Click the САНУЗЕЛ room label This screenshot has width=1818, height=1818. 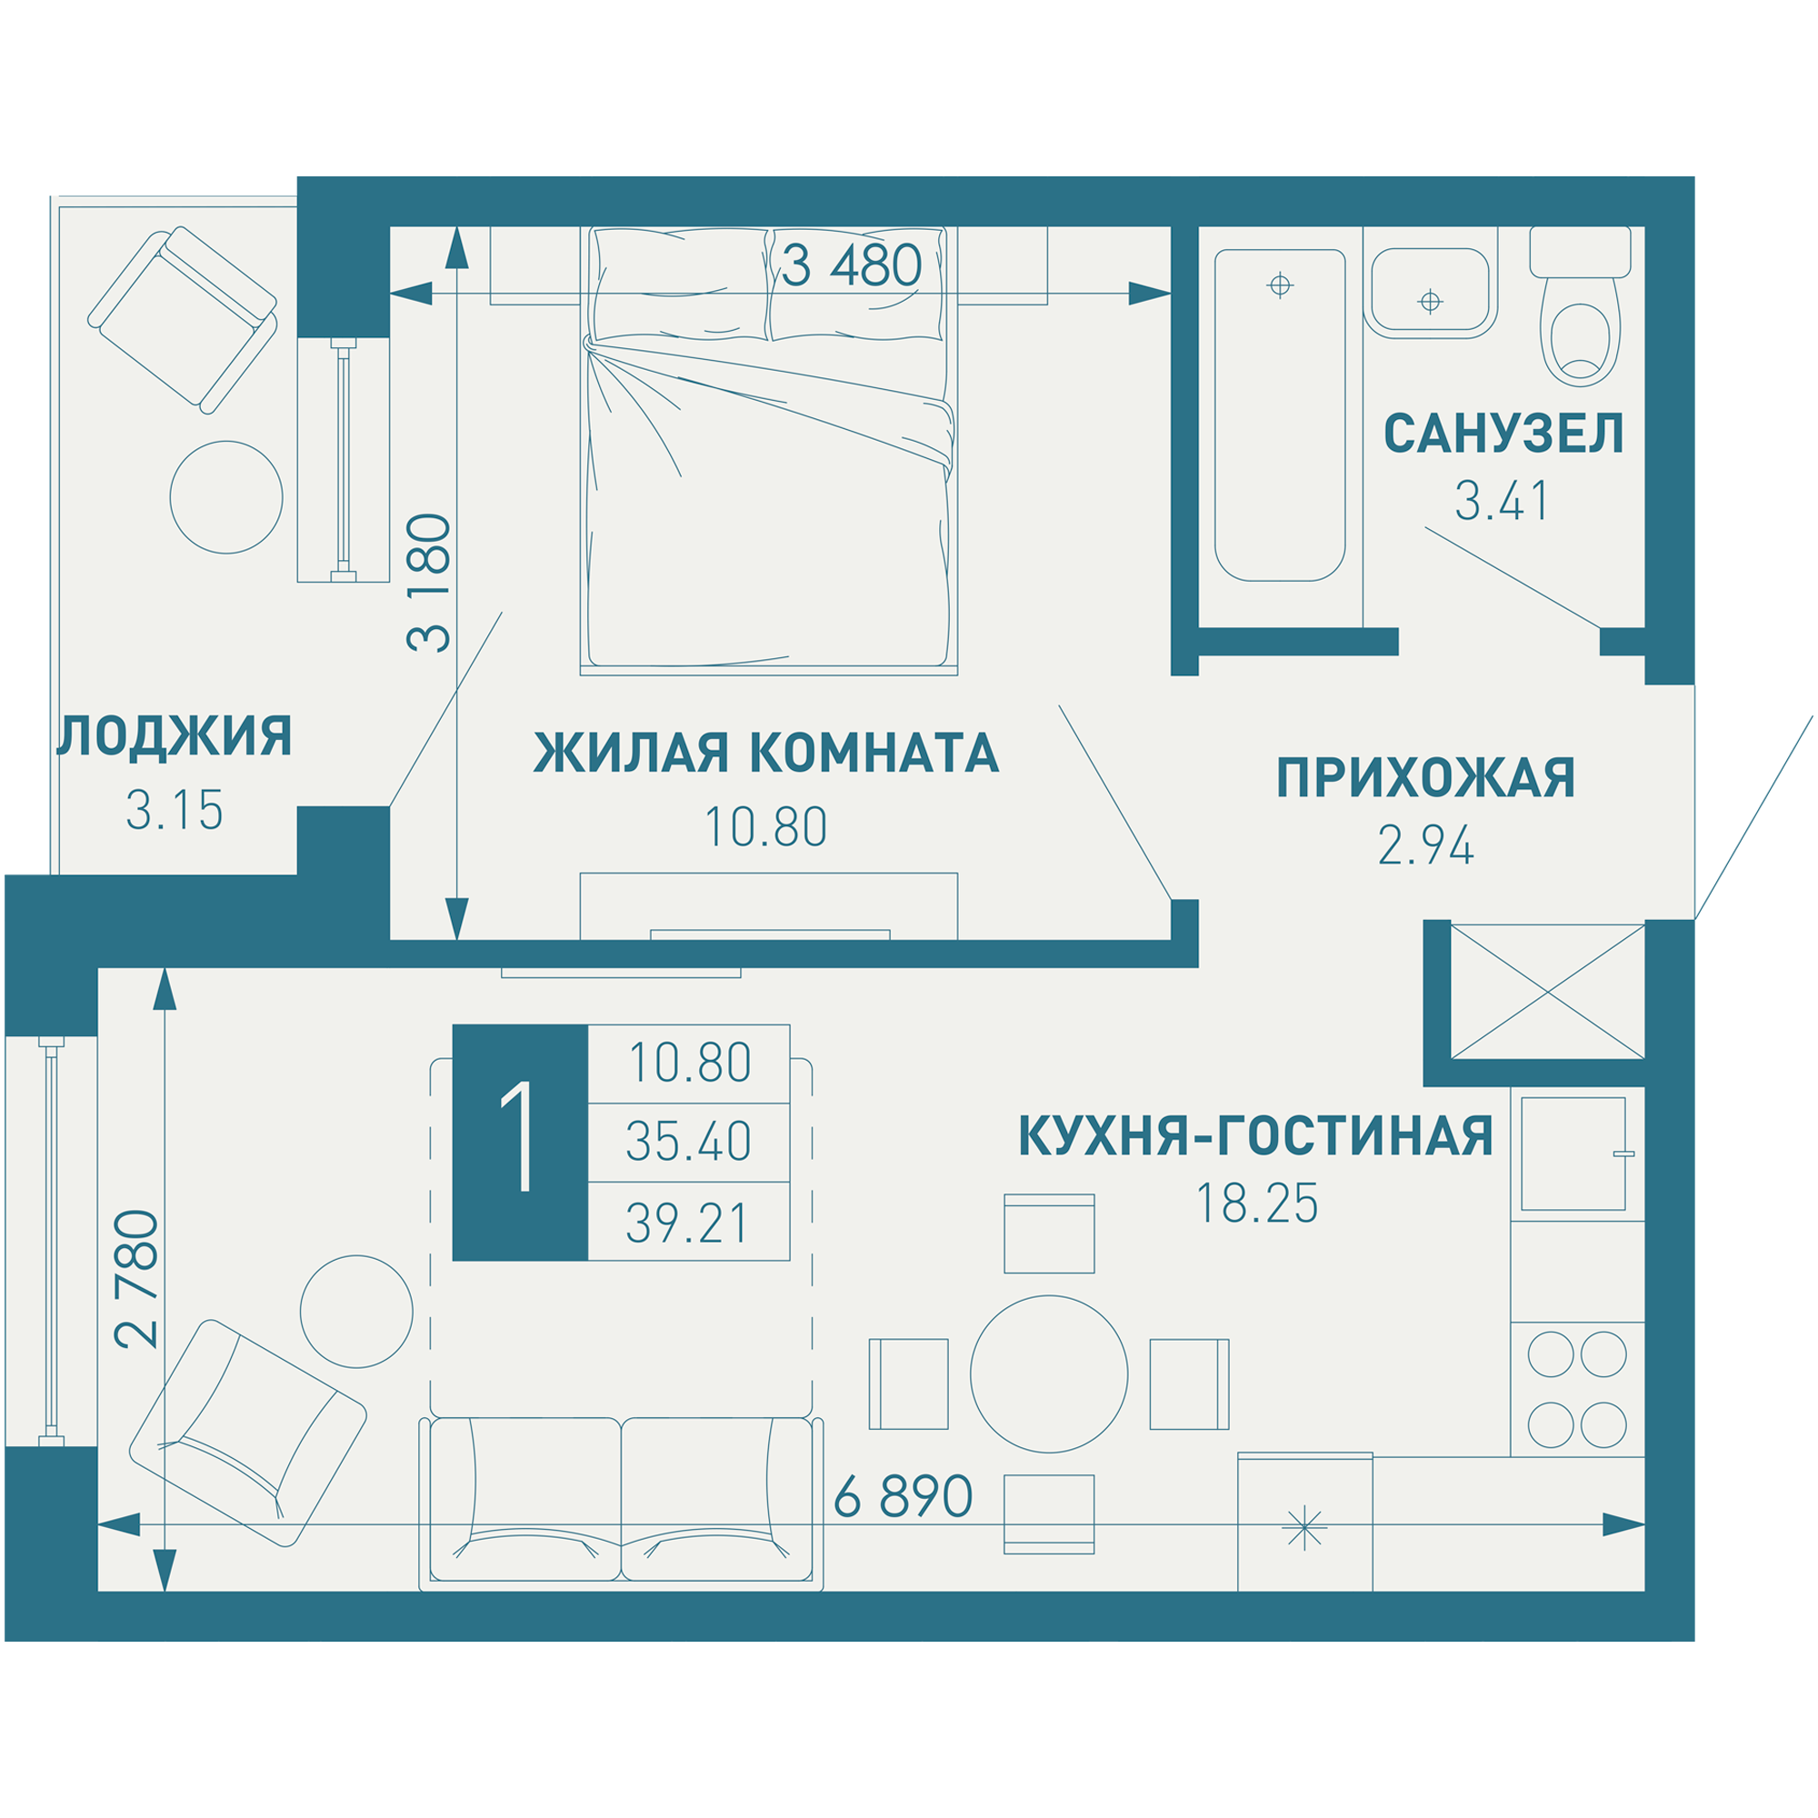pos(1503,434)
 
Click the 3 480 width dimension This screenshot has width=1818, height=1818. pos(851,266)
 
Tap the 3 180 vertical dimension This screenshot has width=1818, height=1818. pos(429,584)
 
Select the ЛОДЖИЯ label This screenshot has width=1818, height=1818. pos(175,737)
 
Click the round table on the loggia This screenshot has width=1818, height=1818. pos(225,497)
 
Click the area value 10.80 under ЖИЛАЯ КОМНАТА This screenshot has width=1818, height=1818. pos(765,827)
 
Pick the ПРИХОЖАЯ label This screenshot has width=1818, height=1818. pos(1424,778)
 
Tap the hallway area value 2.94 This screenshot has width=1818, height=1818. pos(1424,845)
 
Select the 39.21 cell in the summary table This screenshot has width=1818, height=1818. pos(688,1224)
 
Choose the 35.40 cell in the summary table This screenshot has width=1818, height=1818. pos(688,1142)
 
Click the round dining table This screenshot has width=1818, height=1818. pos(1048,1373)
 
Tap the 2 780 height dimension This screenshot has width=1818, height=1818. pos(137,1279)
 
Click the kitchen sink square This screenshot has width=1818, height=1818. pos(1573,1154)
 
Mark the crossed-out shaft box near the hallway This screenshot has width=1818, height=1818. pos(1547,992)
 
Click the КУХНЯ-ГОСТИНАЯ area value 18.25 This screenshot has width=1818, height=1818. pos(1256,1204)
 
